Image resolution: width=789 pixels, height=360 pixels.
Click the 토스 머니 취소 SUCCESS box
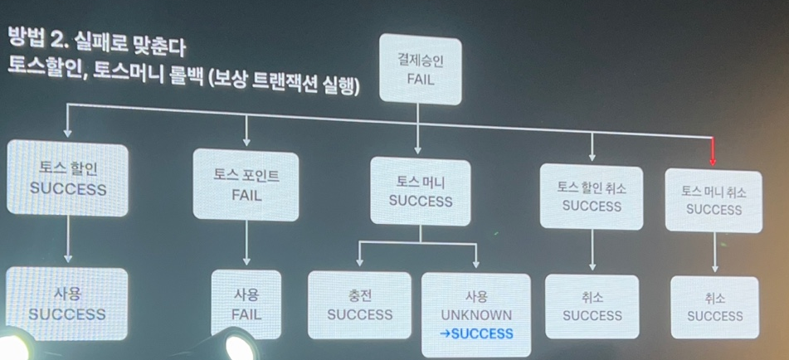(x=714, y=199)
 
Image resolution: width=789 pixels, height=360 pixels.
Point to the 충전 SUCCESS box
(x=359, y=304)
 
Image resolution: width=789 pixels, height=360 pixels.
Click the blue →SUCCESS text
(x=479, y=333)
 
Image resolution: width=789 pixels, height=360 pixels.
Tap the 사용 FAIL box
(x=246, y=304)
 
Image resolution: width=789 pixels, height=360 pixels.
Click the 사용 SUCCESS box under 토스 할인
(x=67, y=304)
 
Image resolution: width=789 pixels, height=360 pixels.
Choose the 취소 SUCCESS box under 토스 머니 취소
(x=714, y=306)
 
